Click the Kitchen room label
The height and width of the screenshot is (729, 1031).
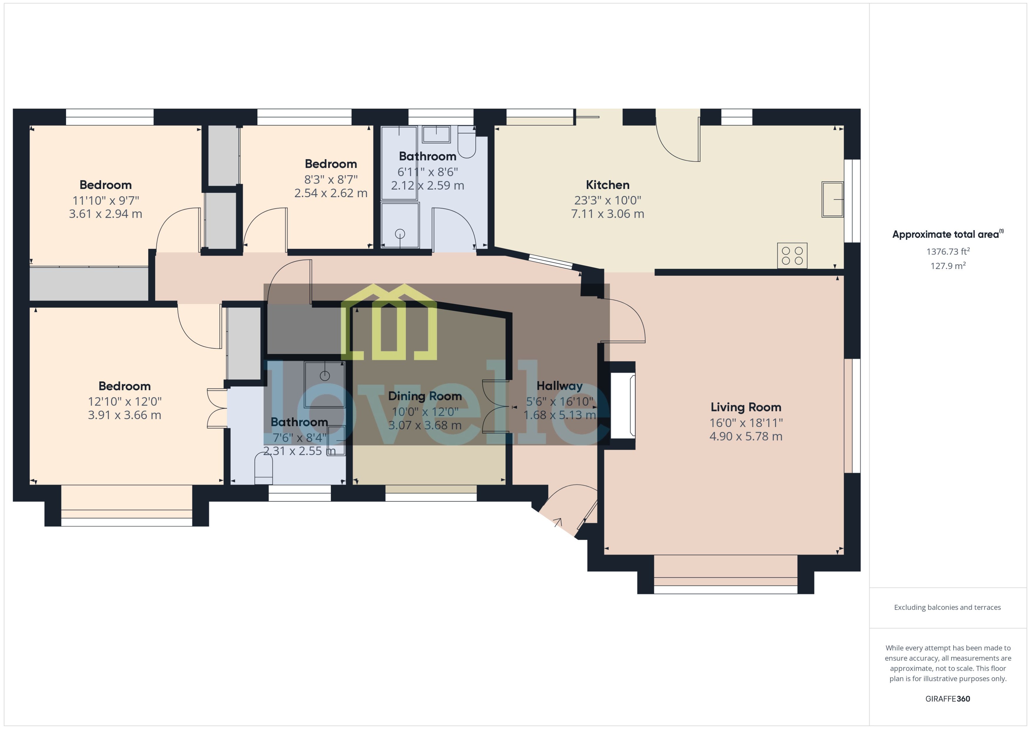click(607, 185)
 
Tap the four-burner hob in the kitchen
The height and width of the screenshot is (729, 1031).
click(792, 256)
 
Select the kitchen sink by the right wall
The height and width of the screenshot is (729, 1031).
click(832, 199)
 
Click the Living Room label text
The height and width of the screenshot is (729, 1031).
click(746, 407)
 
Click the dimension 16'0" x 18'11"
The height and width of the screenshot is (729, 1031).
click(746, 423)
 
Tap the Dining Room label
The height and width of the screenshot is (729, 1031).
click(424, 396)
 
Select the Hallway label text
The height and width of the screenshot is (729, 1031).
click(559, 386)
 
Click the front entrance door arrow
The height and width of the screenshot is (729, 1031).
click(558, 522)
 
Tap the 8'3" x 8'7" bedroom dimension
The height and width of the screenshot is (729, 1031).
click(331, 180)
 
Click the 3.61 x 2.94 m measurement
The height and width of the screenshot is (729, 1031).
click(105, 214)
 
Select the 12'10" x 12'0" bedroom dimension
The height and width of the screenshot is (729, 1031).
click(124, 401)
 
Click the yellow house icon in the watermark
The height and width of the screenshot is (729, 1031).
click(389, 322)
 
